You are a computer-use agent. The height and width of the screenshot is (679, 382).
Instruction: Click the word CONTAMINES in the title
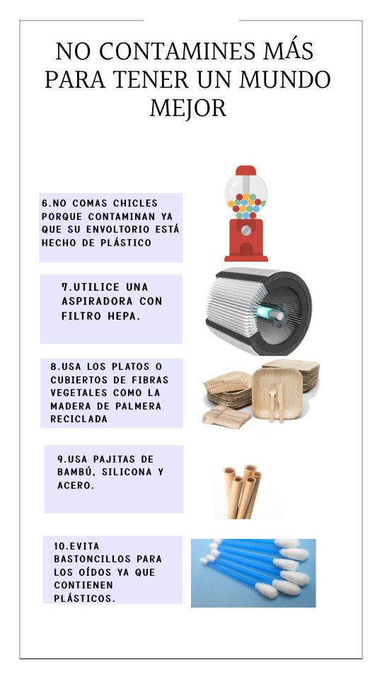click(x=177, y=52)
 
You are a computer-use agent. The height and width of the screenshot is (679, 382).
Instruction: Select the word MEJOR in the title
click(x=188, y=108)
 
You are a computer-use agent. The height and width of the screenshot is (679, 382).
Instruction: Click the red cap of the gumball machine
click(x=245, y=170)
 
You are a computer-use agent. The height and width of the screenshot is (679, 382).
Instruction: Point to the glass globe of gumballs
click(x=245, y=196)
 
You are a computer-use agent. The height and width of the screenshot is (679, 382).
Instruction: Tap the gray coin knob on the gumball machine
click(x=245, y=230)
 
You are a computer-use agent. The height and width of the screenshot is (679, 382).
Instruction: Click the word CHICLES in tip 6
click(x=135, y=203)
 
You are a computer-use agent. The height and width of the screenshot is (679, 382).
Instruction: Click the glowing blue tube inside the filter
click(x=270, y=313)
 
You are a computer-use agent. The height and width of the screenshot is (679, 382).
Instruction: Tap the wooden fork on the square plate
click(x=272, y=402)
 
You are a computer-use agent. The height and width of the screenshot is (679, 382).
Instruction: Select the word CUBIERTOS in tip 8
click(x=77, y=380)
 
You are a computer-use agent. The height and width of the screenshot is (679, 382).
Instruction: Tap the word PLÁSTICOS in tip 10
click(x=84, y=598)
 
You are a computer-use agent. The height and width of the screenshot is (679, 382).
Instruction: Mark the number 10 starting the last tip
click(x=59, y=546)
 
